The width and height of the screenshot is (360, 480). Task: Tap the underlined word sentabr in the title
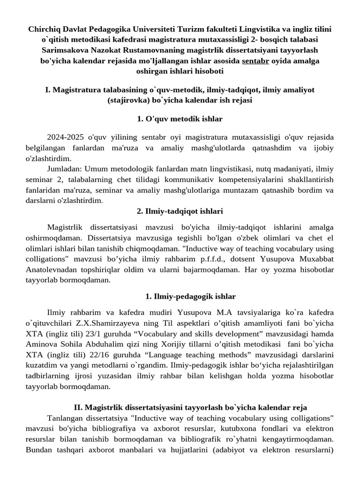click(255, 61)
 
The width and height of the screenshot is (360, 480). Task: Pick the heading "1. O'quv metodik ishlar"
click(180, 119)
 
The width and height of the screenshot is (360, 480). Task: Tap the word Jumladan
click(65, 167)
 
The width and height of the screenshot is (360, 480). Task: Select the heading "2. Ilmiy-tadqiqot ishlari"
click(180, 211)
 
